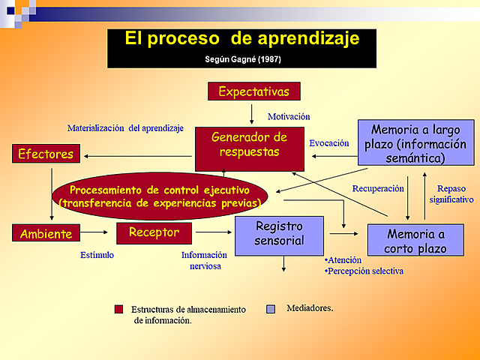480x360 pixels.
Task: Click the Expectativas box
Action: tap(253, 91)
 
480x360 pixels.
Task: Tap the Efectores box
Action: tap(46, 154)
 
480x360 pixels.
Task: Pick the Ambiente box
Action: tap(46, 233)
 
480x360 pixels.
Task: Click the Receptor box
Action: tap(154, 232)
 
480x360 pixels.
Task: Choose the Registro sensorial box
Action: tap(279, 234)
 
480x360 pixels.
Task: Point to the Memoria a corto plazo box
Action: tap(415, 240)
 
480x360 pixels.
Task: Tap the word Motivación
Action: tap(289, 116)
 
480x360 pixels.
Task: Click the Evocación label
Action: tap(329, 142)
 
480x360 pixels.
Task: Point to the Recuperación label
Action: tap(378, 189)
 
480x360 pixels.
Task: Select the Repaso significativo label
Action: tap(451, 194)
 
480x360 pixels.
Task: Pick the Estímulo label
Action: tap(97, 255)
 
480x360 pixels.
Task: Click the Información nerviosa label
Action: tap(204, 259)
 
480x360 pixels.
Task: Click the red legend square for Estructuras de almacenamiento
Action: tap(118, 308)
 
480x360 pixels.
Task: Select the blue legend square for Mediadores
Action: tap(271, 308)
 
